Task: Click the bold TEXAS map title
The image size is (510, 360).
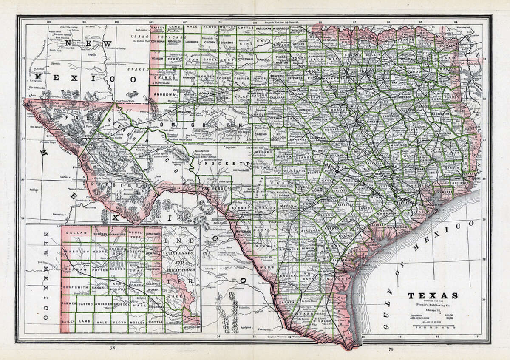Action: pyautogui.click(x=433, y=296)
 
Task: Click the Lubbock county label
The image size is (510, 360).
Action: pyautogui.click(x=192, y=43)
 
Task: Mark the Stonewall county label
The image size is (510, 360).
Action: pyautogui.click(x=246, y=60)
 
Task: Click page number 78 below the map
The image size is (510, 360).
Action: pyautogui.click(x=112, y=348)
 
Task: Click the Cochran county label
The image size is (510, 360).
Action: pyautogui.click(x=158, y=43)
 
